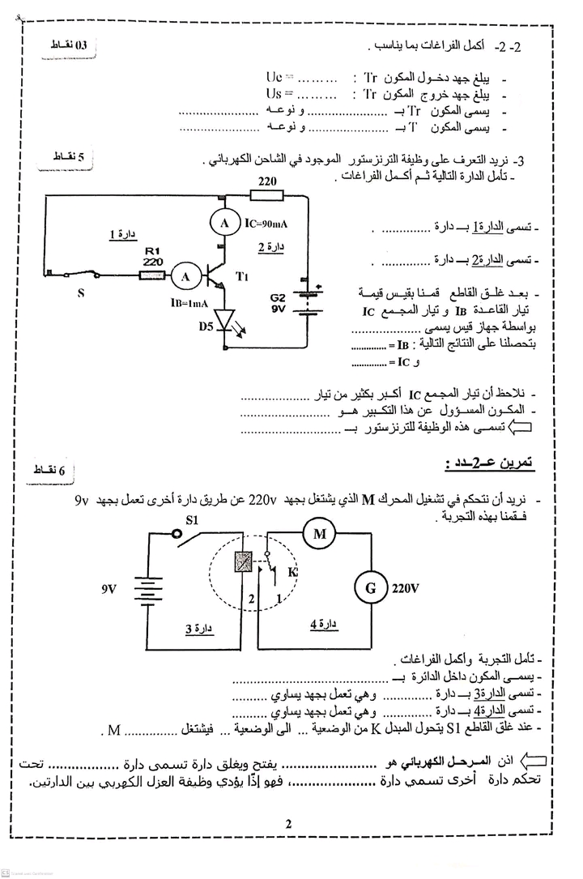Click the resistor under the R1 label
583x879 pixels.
click(152, 276)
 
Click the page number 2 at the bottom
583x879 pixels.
click(287, 825)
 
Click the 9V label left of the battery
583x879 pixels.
click(109, 589)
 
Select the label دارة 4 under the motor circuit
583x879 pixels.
click(323, 624)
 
